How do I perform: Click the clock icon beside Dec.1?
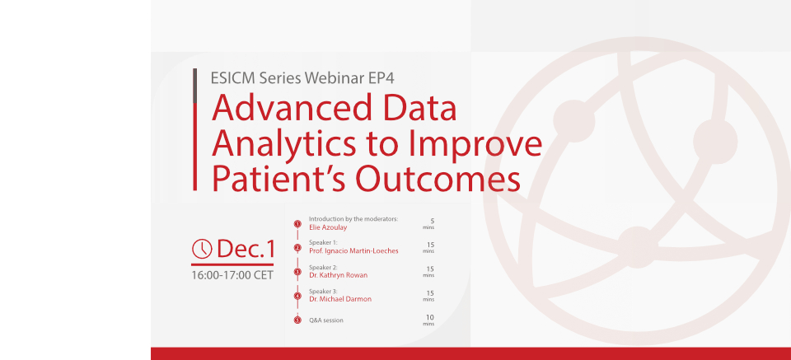point(203,249)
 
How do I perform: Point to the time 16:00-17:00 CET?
point(232,276)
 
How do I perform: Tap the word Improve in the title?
point(475,144)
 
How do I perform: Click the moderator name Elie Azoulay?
point(328,227)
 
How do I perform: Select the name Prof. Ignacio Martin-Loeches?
point(353,251)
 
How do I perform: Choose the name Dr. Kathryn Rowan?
point(338,275)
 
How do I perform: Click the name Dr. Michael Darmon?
point(340,299)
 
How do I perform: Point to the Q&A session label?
point(326,320)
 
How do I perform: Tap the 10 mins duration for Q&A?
point(428,320)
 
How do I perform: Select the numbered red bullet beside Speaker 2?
point(297,272)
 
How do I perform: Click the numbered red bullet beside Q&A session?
point(297,320)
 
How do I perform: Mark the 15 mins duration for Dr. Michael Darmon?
point(428,296)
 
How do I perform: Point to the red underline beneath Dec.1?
point(232,264)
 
